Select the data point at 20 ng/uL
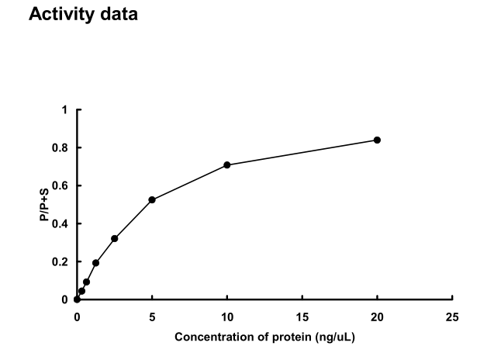click(377, 140)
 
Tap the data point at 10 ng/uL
click(227, 164)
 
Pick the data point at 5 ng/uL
click(152, 199)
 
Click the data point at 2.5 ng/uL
click(114, 238)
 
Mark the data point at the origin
click(77, 299)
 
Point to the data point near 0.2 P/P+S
click(95, 262)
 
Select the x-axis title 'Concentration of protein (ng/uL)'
click(264, 337)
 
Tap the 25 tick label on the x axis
click(452, 317)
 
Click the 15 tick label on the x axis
click(302, 317)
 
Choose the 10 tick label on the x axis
click(227, 317)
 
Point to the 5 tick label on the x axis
click(152, 317)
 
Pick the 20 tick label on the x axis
click(377, 317)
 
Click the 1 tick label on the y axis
click(65, 110)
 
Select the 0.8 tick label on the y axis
click(61, 147)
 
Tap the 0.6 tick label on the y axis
click(61, 185)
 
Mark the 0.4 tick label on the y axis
click(61, 223)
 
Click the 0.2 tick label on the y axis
click(61, 261)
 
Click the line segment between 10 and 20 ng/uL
click(302, 152)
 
